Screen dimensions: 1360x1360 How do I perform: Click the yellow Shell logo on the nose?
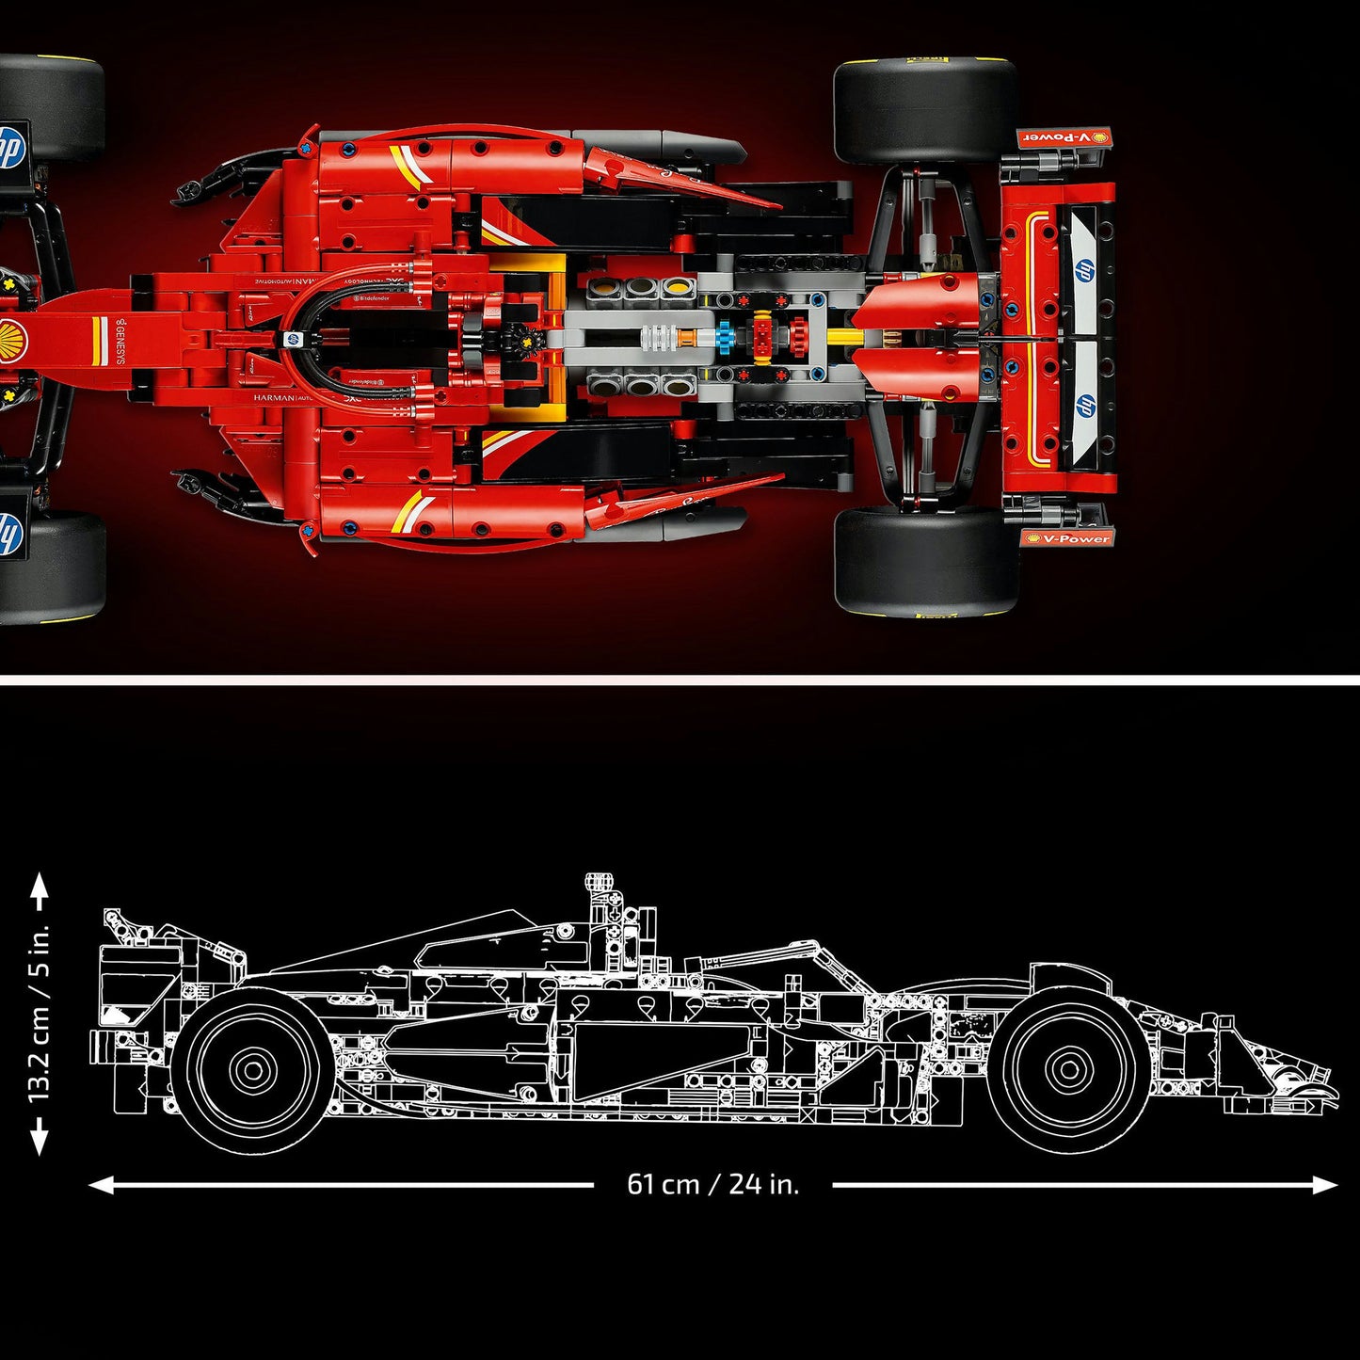[13, 337]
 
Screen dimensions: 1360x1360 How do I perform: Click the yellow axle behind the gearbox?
[844, 337]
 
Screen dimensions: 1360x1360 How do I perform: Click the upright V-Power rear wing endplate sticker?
[1068, 538]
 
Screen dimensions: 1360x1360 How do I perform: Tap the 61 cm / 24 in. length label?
[712, 1184]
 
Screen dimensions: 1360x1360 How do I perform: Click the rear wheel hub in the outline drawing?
[252, 1069]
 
